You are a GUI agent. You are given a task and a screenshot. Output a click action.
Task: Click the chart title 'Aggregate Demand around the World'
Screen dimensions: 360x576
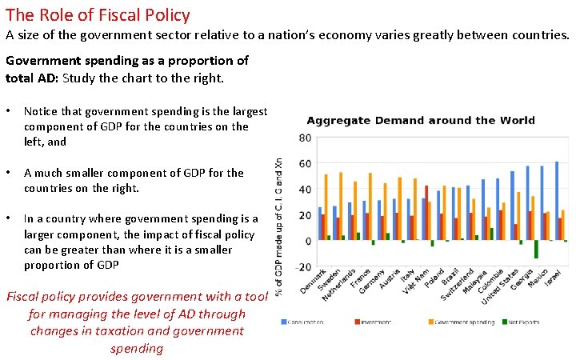421,121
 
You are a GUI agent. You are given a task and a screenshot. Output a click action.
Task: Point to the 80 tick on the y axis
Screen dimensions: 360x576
305,138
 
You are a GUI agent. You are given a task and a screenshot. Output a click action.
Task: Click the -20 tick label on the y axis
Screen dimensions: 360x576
303,267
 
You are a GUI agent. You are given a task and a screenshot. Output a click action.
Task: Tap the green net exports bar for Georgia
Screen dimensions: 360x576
536,250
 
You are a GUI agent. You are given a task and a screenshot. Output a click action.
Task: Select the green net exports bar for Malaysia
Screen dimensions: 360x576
491,234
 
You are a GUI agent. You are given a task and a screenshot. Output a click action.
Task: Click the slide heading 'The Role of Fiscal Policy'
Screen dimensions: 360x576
98,14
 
